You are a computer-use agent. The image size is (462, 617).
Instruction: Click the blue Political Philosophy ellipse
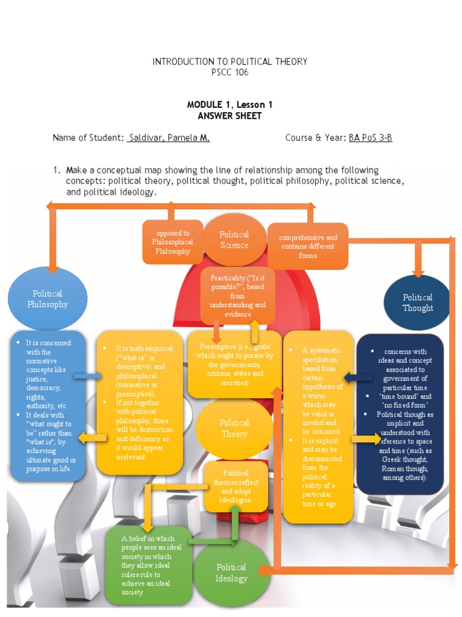[48, 298]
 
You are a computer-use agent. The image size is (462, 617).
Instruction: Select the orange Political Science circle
[234, 239]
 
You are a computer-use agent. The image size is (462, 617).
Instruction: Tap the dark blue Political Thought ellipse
[417, 302]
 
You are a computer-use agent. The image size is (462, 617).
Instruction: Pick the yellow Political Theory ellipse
[234, 428]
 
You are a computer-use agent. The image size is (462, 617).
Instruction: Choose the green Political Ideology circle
[232, 572]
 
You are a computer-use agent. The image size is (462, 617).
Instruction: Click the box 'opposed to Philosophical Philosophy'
[173, 242]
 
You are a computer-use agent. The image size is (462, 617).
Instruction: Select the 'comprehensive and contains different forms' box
[307, 246]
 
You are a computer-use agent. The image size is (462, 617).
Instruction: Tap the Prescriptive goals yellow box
[235, 364]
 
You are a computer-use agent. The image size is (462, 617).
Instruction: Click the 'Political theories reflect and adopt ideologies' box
[236, 486]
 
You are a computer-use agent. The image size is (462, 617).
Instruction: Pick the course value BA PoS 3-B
[370, 137]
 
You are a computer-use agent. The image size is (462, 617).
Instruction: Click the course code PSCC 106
[230, 72]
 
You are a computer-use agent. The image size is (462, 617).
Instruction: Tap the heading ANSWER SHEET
[230, 116]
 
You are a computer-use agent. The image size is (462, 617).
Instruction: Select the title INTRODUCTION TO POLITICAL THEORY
[230, 61]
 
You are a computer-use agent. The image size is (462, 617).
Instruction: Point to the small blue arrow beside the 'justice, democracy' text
[86, 377]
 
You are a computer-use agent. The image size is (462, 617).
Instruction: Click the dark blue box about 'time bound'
[399, 415]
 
